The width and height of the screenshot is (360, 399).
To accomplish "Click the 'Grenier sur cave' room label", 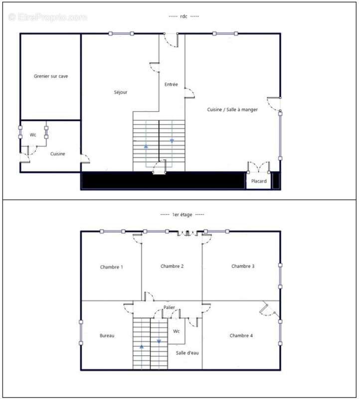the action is click(51, 76).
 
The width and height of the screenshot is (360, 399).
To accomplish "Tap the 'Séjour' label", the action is click(120, 92).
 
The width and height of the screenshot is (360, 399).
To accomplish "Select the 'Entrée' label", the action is click(171, 84).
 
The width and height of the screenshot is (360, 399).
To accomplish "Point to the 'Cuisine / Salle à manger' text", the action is click(232, 109).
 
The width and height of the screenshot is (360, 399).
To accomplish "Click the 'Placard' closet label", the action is click(259, 181).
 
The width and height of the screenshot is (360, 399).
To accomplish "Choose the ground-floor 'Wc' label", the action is click(33, 135).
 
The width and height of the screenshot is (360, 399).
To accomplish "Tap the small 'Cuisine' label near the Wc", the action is click(57, 154).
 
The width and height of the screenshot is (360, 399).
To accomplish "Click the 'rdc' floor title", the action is click(183, 16).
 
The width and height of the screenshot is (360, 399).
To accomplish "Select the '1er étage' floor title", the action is click(182, 214).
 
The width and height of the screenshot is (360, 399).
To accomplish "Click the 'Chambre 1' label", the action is click(111, 267).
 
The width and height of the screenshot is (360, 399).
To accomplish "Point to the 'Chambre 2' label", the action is click(172, 266).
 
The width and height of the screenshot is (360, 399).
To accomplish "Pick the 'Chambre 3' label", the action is click(243, 266).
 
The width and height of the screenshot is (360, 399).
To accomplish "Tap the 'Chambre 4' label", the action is click(241, 335).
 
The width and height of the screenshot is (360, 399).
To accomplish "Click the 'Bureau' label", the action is click(107, 335).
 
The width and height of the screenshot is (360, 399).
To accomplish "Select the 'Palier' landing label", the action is click(169, 307).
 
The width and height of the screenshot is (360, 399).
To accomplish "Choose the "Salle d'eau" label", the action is click(187, 353).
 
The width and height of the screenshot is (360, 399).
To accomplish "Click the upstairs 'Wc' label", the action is click(177, 331).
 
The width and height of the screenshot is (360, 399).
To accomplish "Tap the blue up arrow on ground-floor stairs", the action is click(146, 146).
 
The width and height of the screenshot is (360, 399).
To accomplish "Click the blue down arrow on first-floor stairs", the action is click(159, 342).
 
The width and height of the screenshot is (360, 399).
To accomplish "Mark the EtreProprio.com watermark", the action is click(47, 17).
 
